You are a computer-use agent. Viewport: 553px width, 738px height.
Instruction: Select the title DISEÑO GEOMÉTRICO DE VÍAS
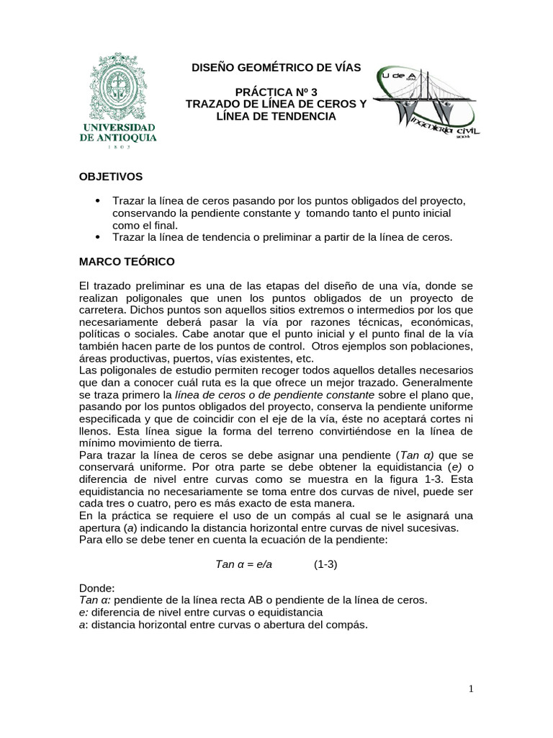click(276, 68)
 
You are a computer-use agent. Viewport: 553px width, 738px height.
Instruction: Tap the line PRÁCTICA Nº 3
click(276, 92)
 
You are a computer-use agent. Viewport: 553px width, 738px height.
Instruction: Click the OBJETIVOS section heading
click(111, 176)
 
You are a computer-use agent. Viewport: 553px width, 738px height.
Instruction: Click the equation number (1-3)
click(325, 564)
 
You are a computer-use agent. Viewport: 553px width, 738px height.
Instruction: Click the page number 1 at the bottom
click(471, 689)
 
